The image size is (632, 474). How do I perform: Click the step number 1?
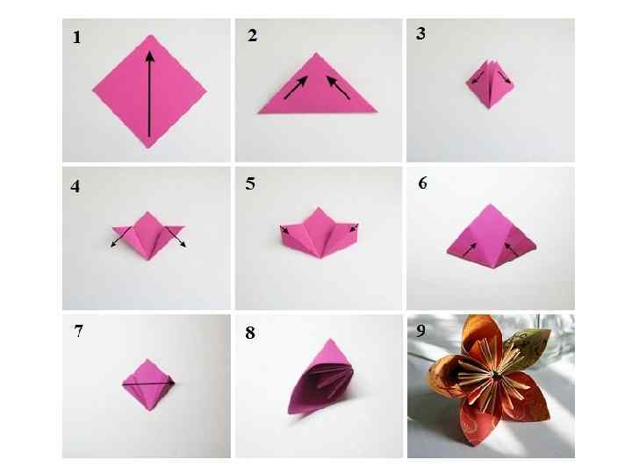[76, 37]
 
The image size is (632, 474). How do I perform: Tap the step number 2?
[252, 35]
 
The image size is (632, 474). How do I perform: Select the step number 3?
[420, 33]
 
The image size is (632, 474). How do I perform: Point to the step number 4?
[75, 187]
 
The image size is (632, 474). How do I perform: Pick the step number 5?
[250, 183]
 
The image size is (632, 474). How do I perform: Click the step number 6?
[423, 183]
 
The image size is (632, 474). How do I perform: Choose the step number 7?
[79, 331]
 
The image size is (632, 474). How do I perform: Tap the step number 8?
[250, 333]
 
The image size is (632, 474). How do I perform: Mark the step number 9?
[421, 331]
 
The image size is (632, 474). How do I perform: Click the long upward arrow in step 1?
[149, 94]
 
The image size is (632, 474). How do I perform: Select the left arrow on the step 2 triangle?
[297, 88]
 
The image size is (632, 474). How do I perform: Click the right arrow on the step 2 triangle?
[338, 88]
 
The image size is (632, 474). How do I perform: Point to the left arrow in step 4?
[121, 237]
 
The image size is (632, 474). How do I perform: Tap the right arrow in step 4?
[176, 237]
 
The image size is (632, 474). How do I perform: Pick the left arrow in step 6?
[470, 249]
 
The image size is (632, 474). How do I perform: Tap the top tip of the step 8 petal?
[331, 340]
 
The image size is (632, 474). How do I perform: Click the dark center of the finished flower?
[495, 375]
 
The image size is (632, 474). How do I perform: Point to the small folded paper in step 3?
[490, 84]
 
